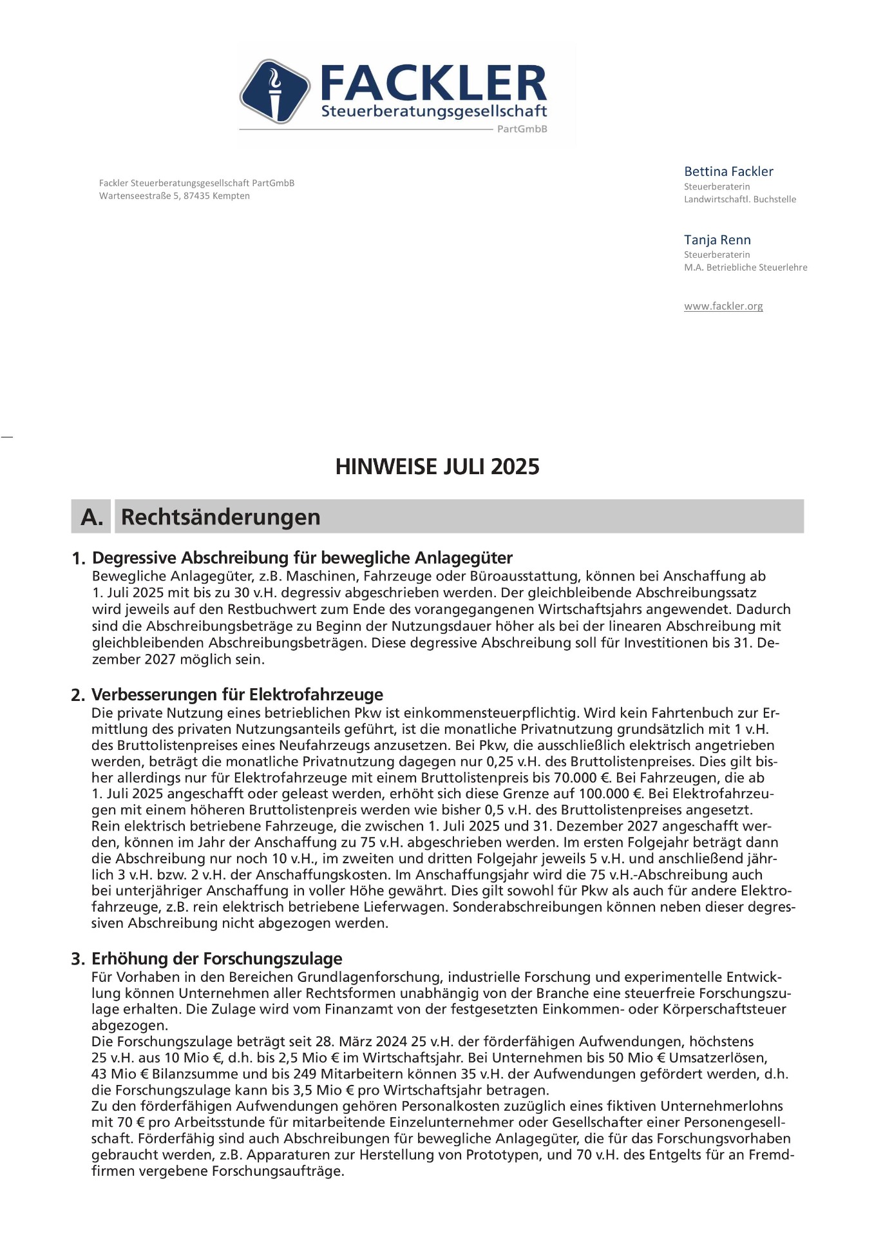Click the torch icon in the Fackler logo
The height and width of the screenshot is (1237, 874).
275,91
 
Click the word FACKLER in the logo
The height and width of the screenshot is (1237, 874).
433,84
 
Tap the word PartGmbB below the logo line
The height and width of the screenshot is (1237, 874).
522,129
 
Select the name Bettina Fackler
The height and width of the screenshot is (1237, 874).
728,171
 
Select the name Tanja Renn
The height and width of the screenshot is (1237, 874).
717,240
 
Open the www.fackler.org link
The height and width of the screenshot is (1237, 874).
723,306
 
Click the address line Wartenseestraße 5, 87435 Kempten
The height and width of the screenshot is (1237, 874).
175,196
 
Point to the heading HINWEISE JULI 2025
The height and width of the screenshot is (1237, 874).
437,466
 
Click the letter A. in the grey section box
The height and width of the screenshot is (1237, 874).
91,517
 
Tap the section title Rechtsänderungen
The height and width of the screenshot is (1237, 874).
220,517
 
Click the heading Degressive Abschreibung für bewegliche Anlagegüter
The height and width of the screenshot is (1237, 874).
302,557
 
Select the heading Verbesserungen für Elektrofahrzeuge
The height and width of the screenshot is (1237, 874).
237,695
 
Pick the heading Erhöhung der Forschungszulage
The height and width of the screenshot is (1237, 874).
216,959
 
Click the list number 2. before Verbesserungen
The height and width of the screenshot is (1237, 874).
78,695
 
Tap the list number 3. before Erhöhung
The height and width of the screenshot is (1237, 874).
78,959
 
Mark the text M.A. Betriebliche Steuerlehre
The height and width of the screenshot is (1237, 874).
745,267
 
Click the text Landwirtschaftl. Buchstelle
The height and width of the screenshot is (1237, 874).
739,199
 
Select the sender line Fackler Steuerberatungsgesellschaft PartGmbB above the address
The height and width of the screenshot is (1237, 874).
196,183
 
